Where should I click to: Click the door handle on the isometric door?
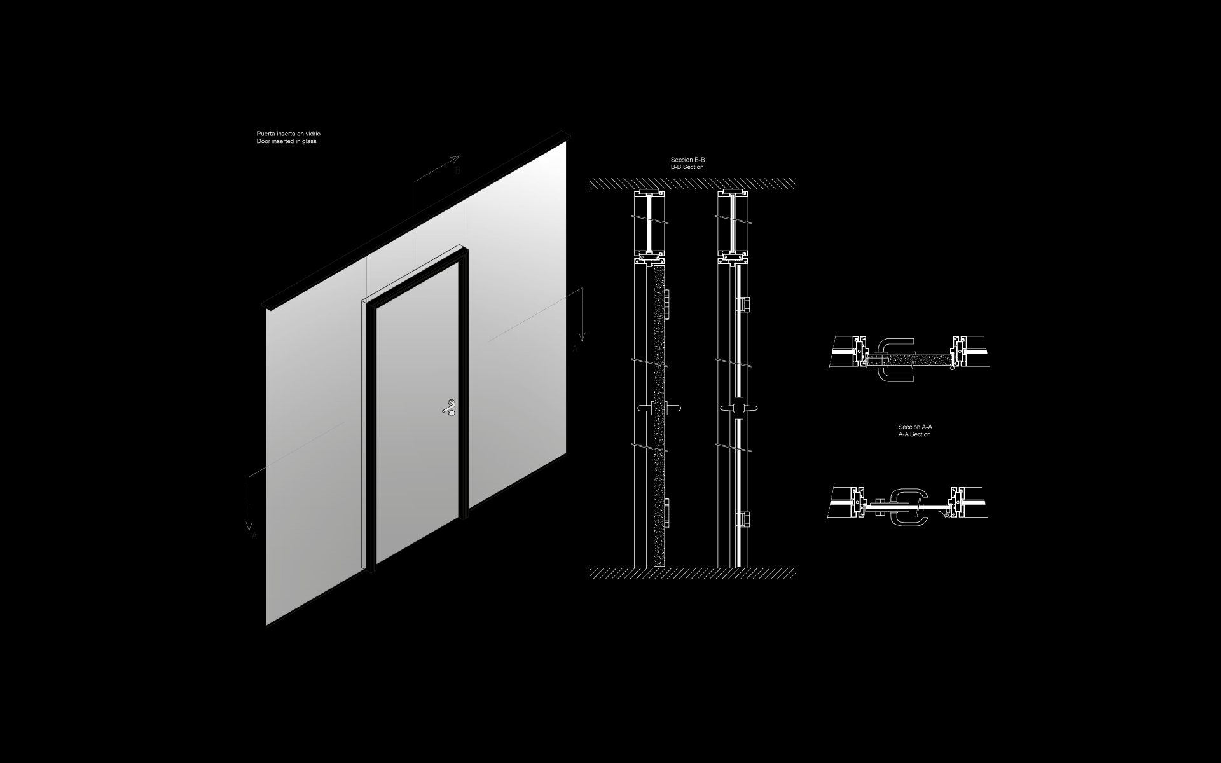point(450,407)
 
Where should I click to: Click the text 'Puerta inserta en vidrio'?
point(288,134)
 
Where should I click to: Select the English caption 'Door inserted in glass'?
point(286,141)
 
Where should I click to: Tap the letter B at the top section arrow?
point(457,171)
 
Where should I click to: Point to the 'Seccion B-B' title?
point(687,160)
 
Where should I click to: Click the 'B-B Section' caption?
point(687,167)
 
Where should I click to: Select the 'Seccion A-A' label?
point(914,427)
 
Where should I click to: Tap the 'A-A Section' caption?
point(914,434)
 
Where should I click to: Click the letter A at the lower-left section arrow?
point(254,536)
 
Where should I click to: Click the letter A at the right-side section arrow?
point(576,348)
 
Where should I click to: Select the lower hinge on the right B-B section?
point(745,519)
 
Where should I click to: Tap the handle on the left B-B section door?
point(658,407)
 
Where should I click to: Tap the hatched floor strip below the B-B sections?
point(693,574)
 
